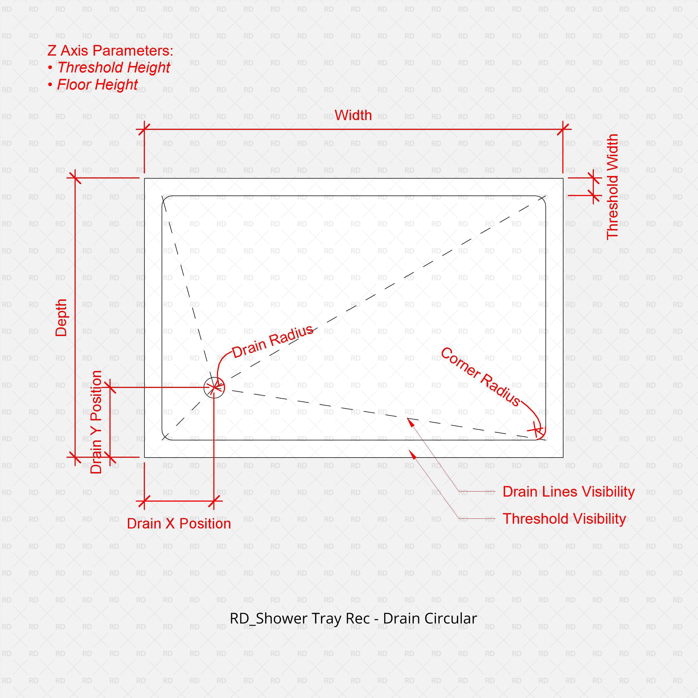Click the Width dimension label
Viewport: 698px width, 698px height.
[353, 115]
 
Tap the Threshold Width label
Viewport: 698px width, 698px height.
[612, 187]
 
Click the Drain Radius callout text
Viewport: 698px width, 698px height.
[272, 341]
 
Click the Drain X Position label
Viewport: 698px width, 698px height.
[179, 523]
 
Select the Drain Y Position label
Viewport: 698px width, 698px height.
[96, 422]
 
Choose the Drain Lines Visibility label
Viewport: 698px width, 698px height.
[568, 492]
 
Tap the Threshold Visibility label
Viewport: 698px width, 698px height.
[564, 519]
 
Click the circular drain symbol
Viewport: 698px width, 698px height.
[214, 387]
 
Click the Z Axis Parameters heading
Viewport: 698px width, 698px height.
[110, 51]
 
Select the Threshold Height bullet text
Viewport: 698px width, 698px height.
[113, 68]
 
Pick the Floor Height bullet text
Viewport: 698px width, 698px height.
[97, 85]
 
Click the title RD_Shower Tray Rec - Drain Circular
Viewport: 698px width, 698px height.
[353, 618]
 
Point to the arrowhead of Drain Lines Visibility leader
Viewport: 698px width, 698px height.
[409, 420]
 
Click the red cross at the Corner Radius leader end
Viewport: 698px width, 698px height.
[537, 430]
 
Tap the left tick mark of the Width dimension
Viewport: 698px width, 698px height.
[144, 129]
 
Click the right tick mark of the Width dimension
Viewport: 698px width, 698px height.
[563, 129]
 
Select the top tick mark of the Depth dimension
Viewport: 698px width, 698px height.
[75, 178]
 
